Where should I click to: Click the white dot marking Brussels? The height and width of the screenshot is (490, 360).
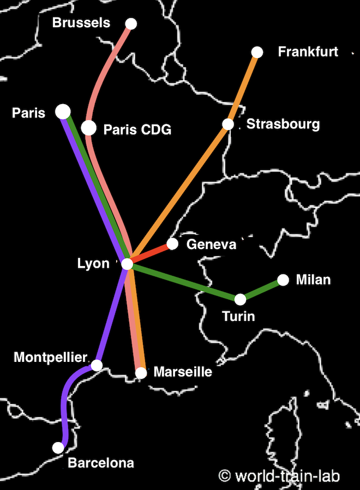(131, 23)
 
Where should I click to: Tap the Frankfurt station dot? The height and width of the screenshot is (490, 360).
(257, 52)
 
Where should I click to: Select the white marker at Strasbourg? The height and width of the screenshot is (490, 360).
(228, 124)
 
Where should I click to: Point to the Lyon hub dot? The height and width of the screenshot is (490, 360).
(127, 264)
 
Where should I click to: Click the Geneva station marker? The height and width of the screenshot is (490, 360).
(172, 244)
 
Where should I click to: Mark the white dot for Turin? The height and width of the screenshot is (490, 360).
(240, 299)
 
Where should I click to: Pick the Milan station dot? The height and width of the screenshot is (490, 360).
(283, 280)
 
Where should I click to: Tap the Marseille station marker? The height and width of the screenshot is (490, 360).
(141, 373)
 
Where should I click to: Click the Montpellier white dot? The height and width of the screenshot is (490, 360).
(97, 365)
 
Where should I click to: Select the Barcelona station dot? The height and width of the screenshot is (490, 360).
(58, 447)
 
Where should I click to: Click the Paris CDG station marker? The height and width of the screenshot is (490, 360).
(88, 128)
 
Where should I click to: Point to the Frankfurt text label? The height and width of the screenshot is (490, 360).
(308, 52)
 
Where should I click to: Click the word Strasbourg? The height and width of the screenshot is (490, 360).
(283, 124)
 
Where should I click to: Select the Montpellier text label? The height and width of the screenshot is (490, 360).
(50, 358)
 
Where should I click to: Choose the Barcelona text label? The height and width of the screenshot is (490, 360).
(101, 463)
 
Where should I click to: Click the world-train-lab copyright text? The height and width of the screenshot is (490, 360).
(280, 476)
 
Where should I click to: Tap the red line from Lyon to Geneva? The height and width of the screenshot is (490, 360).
(150, 254)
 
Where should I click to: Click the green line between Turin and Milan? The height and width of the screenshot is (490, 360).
(262, 289)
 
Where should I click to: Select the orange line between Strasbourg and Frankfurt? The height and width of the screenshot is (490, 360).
(243, 88)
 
